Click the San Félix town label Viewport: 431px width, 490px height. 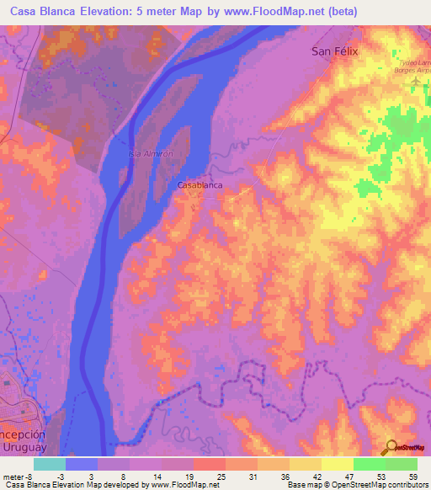[335, 51]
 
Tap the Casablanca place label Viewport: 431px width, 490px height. [200, 184]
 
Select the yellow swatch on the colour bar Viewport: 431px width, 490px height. [337, 464]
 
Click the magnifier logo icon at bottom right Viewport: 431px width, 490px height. [392, 447]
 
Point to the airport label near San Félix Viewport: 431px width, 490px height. [412, 67]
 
